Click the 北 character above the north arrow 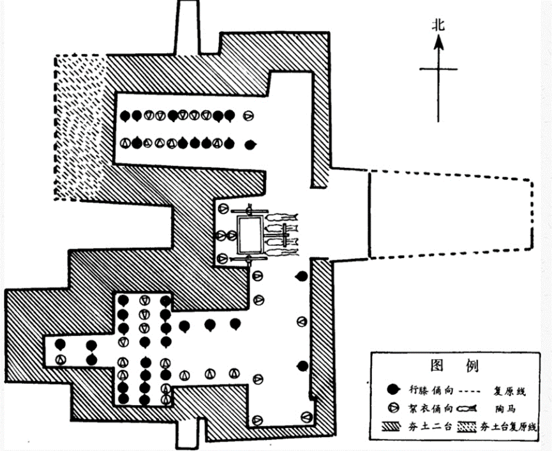click(438, 25)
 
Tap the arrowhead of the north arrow click(438, 43)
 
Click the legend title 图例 click(455, 366)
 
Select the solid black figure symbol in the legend click(392, 389)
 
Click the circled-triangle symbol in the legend click(392, 408)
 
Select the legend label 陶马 click(509, 408)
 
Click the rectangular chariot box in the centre click(250, 234)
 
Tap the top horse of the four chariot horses click(281, 218)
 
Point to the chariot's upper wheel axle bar click(250, 210)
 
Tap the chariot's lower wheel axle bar click(250, 259)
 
